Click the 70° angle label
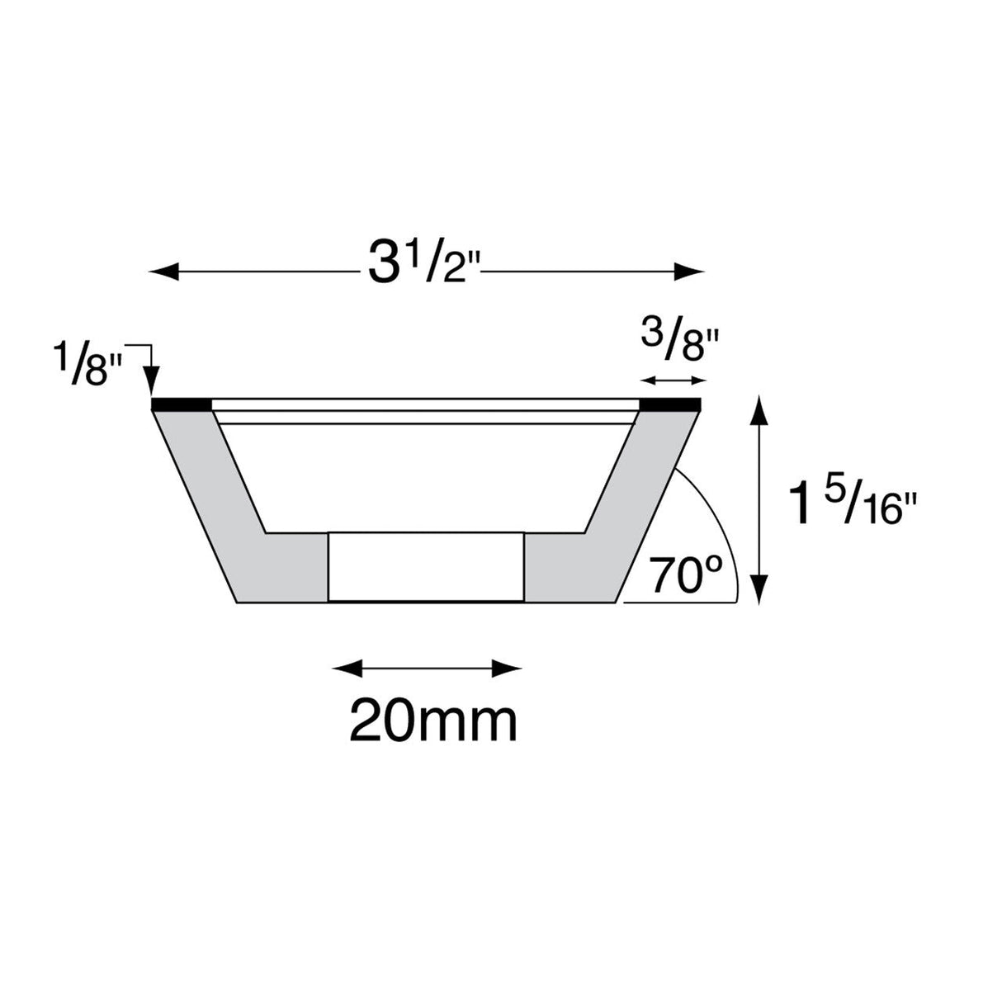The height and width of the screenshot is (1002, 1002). pos(686,575)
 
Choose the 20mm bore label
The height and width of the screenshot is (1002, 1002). pos(433,721)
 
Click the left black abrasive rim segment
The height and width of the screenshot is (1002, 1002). pos(179,404)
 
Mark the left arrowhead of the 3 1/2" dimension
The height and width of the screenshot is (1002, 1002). pos(162,270)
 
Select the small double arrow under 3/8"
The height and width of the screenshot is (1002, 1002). pos(674,380)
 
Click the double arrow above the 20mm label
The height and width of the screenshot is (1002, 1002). pos(427,667)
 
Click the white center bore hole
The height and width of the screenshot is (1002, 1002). pos(425,567)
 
